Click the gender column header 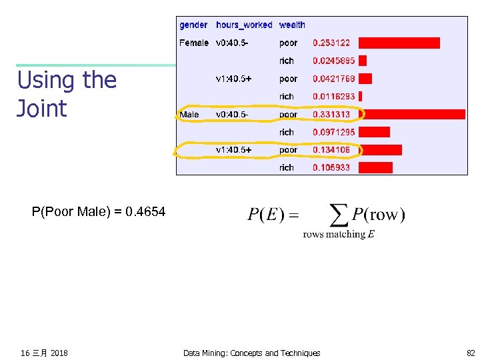tap(193, 25)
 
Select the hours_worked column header tap(244, 25)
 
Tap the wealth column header tap(292, 25)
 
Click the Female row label tap(194, 43)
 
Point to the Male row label tap(189, 115)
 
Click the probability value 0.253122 tap(331, 43)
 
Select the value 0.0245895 tap(334, 61)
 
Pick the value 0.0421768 tap(334, 79)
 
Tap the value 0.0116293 tap(334, 97)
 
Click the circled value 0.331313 tap(331, 115)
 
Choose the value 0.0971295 tap(334, 132)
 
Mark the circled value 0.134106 tap(331, 150)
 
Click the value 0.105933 tap(331, 167)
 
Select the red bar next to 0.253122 tap(399, 43)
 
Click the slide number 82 tap(471, 353)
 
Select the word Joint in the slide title tap(42, 109)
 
